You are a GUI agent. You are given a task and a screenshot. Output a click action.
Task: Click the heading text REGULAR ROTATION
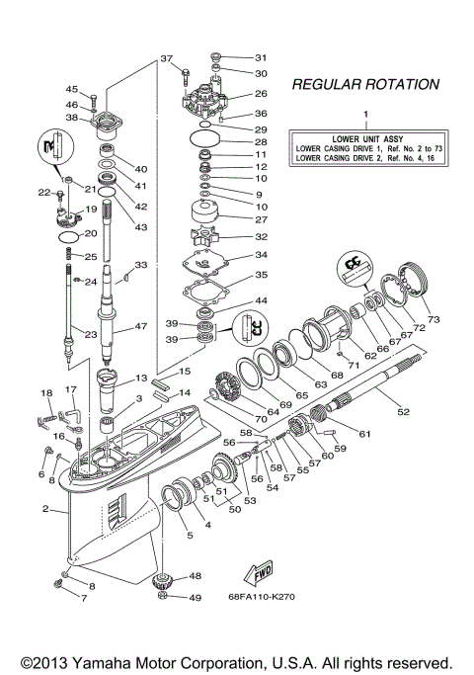tap(365, 85)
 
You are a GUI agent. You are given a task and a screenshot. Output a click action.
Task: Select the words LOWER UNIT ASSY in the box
tap(365, 137)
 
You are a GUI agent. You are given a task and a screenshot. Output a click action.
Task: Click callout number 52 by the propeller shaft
tap(402, 410)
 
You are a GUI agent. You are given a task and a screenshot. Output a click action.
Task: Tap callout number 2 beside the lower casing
tap(45, 509)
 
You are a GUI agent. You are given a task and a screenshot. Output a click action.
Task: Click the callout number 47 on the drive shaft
tap(142, 326)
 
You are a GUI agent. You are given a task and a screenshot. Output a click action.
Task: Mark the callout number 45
tap(71, 89)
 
